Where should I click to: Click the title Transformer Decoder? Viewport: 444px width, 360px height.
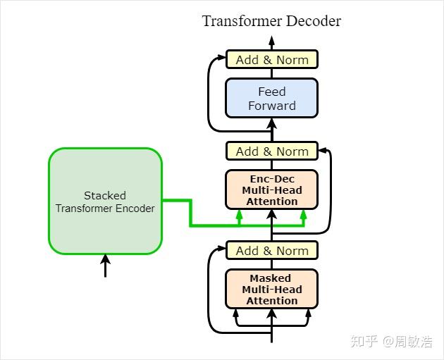[x=271, y=20]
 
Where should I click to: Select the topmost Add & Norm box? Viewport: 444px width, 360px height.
[x=272, y=60]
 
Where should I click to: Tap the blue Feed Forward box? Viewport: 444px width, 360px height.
[x=272, y=98]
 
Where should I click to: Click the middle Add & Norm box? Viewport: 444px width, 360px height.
[x=272, y=151]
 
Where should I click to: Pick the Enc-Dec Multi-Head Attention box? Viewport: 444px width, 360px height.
[x=272, y=190]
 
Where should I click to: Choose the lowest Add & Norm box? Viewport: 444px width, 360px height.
[x=272, y=251]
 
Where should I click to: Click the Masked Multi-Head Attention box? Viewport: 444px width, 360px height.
[x=272, y=289]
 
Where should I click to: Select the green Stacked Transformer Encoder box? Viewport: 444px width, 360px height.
[x=105, y=201]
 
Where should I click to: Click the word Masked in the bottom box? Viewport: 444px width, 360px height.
[x=272, y=278]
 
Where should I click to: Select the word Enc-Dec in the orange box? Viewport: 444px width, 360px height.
[x=272, y=179]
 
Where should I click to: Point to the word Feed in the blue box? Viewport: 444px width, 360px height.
[x=272, y=92]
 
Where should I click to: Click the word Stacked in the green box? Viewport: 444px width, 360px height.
[x=105, y=195]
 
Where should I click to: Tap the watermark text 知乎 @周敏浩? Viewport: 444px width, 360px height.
[x=391, y=342]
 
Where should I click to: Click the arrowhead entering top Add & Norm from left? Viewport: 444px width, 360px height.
[x=221, y=60]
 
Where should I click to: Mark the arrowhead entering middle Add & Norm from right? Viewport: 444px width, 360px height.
[x=323, y=151]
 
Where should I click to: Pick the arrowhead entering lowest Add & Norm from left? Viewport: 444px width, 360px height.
[x=221, y=251]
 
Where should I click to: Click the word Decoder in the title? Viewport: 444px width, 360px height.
[x=313, y=20]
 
